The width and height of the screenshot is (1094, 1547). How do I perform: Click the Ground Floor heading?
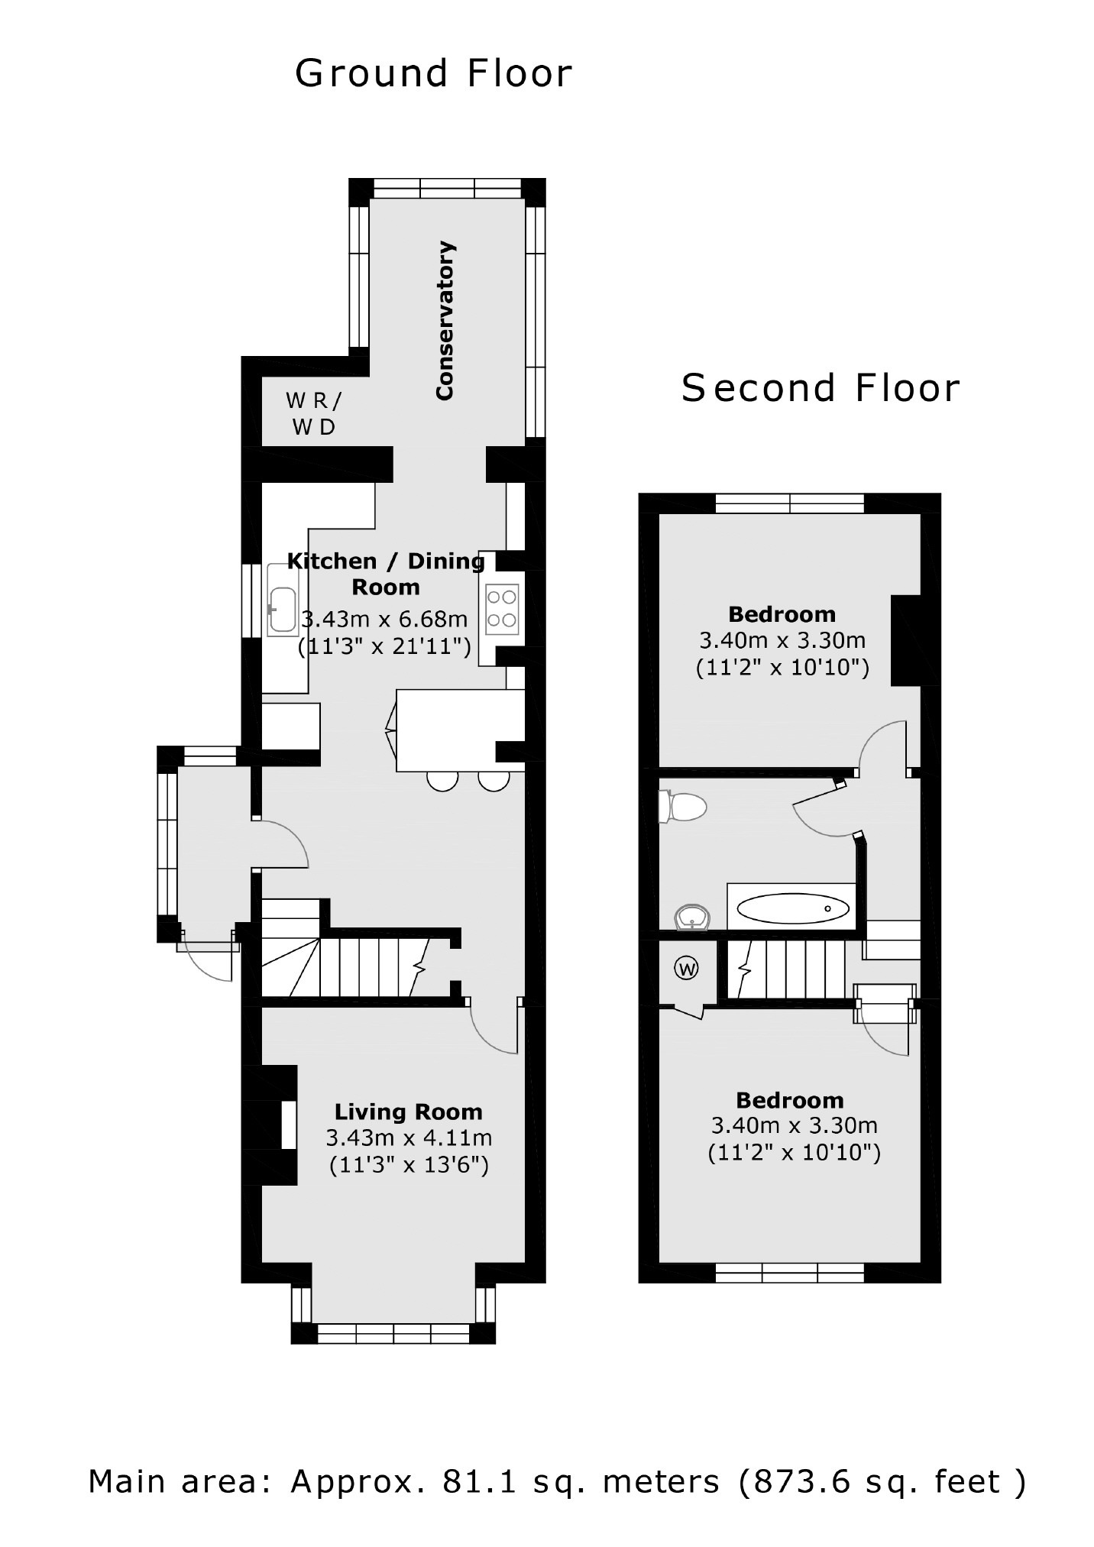(433, 74)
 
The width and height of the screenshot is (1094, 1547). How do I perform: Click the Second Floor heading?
(820, 388)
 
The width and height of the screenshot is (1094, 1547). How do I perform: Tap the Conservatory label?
(445, 320)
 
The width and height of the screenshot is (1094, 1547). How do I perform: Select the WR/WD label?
(314, 413)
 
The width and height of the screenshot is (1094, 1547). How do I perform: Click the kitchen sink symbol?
(283, 610)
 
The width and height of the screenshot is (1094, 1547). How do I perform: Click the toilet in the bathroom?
(684, 807)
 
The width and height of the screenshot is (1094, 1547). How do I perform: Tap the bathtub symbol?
(792, 908)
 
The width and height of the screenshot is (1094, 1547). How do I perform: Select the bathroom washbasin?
(693, 916)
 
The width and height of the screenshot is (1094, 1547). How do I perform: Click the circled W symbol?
(687, 969)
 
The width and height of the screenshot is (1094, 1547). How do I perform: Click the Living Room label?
(408, 1112)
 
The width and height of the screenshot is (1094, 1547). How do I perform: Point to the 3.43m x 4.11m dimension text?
(409, 1138)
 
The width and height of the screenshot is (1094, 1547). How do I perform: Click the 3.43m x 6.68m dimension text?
(384, 619)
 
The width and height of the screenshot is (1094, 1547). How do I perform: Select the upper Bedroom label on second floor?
(782, 614)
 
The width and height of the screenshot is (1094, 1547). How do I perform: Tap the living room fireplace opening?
(289, 1125)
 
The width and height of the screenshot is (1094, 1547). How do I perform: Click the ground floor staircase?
(359, 966)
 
